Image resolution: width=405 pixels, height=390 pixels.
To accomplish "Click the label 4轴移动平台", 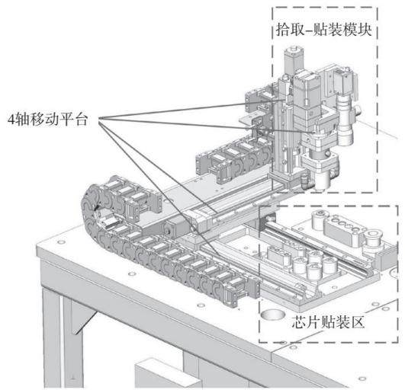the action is pyautogui.click(x=48, y=120).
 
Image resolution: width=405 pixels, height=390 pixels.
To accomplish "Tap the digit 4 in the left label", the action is pyautogui.click(x=11, y=120).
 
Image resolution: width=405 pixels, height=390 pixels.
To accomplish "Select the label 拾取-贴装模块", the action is pyautogui.click(x=324, y=30).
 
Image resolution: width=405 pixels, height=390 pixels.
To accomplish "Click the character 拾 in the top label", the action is pyautogui.click(x=283, y=30).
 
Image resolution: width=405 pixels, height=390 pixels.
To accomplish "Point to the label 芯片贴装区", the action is pyautogui.click(x=328, y=322).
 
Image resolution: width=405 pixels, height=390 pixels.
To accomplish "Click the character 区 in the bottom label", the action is pyautogui.click(x=357, y=322).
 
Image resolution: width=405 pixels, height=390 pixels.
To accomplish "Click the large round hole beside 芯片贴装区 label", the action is pyautogui.click(x=273, y=315).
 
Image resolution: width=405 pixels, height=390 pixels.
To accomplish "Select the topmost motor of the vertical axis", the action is pyautogui.click(x=294, y=60).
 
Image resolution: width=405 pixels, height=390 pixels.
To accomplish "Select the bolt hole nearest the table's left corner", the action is pyautogui.click(x=61, y=242).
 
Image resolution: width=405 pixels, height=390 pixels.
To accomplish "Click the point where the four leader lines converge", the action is pyautogui.click(x=99, y=119).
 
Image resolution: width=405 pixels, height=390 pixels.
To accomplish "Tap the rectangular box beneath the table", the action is pyautogui.click(x=166, y=375).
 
